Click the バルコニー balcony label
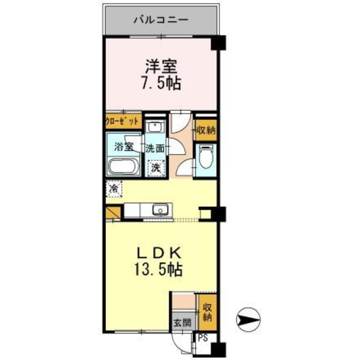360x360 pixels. click(161, 19)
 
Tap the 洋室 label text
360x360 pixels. click(161, 67)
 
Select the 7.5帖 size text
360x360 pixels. click(161, 85)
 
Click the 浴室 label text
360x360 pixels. click(124, 147)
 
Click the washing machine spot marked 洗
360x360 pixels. click(155, 167)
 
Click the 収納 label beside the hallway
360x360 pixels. click(206, 130)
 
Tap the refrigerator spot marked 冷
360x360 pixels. click(114, 188)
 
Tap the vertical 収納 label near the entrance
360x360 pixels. click(206, 312)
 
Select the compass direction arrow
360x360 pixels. click(248, 319)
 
